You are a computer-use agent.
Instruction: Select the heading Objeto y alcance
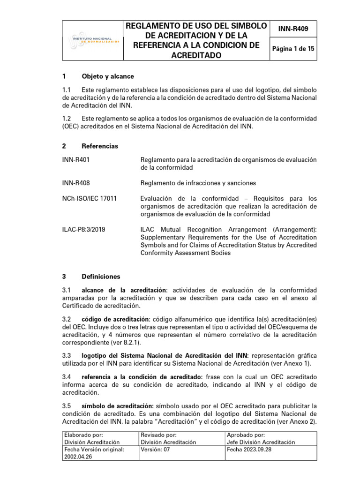click(x=107, y=76)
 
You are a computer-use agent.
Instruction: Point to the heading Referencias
click(x=100, y=146)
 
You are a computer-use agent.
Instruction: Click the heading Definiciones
click(x=101, y=277)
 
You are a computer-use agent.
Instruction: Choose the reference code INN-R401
click(x=76, y=160)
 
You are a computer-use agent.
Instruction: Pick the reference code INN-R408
click(x=76, y=183)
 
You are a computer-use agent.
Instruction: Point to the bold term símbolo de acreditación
click(x=118, y=405)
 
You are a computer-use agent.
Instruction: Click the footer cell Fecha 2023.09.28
click(x=249, y=449)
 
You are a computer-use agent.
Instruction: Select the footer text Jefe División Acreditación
click(x=261, y=442)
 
